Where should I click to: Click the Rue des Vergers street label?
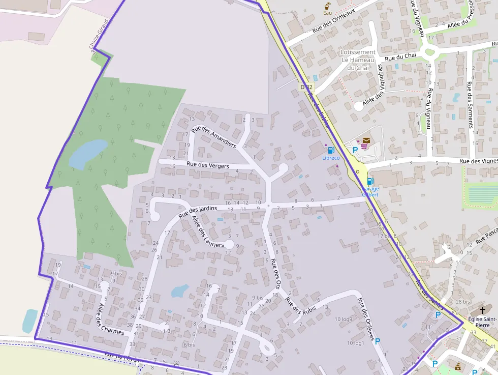click(207, 165)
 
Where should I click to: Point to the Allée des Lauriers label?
click(207, 232)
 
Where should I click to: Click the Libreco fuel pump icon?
click(331, 150)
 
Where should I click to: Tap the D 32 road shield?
click(306, 88)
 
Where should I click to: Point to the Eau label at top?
click(328, 13)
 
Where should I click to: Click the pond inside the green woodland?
click(87, 153)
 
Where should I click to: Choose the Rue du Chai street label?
click(400, 57)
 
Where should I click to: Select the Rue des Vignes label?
click(478, 161)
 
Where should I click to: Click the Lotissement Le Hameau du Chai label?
click(358, 60)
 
